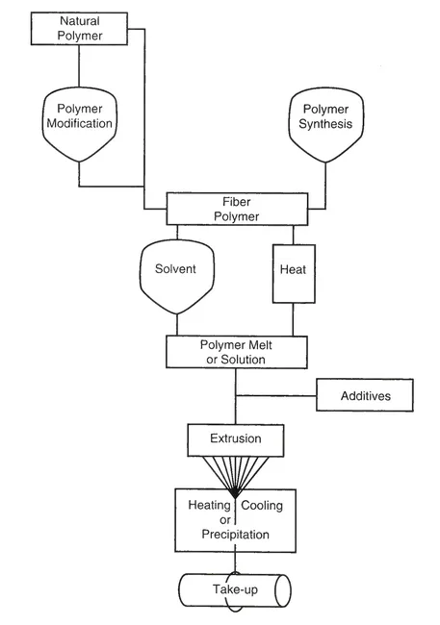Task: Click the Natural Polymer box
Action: (x=79, y=28)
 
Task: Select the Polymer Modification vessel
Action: (x=79, y=124)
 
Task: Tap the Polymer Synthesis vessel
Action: (x=325, y=125)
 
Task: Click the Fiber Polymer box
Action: (x=237, y=210)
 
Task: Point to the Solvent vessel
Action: (x=177, y=277)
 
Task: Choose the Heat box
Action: (x=294, y=274)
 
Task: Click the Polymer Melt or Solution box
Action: (x=237, y=352)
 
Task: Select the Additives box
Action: (x=365, y=395)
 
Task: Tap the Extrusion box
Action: (x=236, y=440)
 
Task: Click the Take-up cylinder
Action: (x=235, y=590)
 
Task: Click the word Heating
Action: (x=209, y=505)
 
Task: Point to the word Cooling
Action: (x=262, y=505)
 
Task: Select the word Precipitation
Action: (x=235, y=534)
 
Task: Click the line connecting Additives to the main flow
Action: (x=276, y=396)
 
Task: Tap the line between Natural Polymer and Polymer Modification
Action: (x=79, y=66)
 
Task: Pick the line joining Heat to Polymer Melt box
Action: (x=293, y=319)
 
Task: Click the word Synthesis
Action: (x=325, y=124)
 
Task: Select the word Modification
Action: (x=80, y=123)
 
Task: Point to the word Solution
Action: (x=243, y=360)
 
